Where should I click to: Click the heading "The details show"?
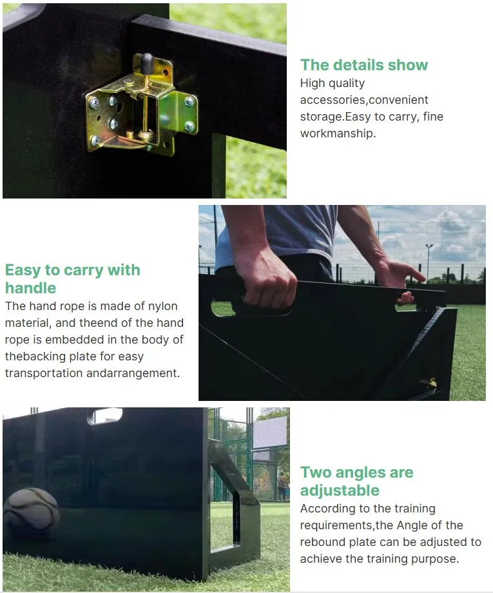click(364, 65)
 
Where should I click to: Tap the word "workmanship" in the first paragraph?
click(336, 133)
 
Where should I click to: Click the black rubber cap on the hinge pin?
click(147, 60)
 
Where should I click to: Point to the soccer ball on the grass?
click(31, 510)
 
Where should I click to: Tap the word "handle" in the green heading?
click(31, 288)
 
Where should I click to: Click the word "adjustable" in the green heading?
click(340, 491)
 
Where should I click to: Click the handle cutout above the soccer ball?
click(105, 416)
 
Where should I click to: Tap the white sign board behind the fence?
click(269, 432)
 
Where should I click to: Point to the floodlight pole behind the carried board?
click(428, 262)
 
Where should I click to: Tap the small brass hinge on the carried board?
click(429, 383)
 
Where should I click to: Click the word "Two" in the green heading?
click(316, 472)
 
